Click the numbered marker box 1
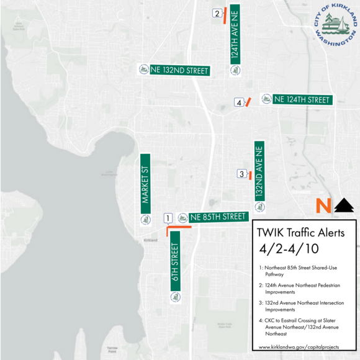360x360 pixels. tap(168, 218)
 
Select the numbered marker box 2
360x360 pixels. tap(217, 13)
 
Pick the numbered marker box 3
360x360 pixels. tap(241, 174)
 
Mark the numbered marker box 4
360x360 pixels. tap(238, 102)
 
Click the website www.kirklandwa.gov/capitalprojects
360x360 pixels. tap(302, 347)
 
